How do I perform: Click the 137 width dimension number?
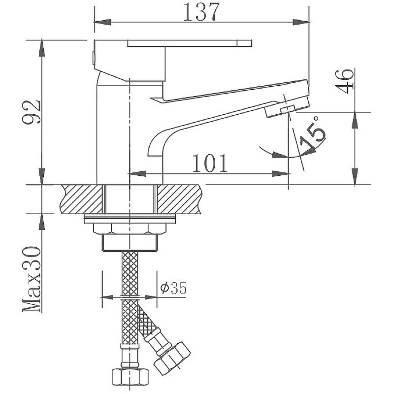pyautogui.click(x=201, y=12)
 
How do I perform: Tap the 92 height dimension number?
pyautogui.click(x=32, y=112)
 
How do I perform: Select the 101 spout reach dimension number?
pyautogui.click(x=210, y=164)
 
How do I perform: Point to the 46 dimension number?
pyautogui.click(x=344, y=81)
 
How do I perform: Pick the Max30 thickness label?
pyautogui.click(x=32, y=279)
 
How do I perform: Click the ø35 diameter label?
pyautogui.click(x=174, y=288)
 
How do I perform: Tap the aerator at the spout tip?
pyautogui.click(x=287, y=107)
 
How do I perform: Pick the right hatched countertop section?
pyautogui.click(x=179, y=199)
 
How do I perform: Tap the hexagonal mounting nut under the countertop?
pyautogui.click(x=130, y=229)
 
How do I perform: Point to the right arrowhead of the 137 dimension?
pyautogui.click(x=301, y=22)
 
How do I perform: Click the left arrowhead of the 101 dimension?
pyautogui.click(x=138, y=174)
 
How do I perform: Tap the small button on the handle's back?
pyautogui.click(x=94, y=58)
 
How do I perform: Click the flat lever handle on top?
pyautogui.click(x=190, y=43)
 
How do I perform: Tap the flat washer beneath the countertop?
pyautogui.click(x=130, y=219)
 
